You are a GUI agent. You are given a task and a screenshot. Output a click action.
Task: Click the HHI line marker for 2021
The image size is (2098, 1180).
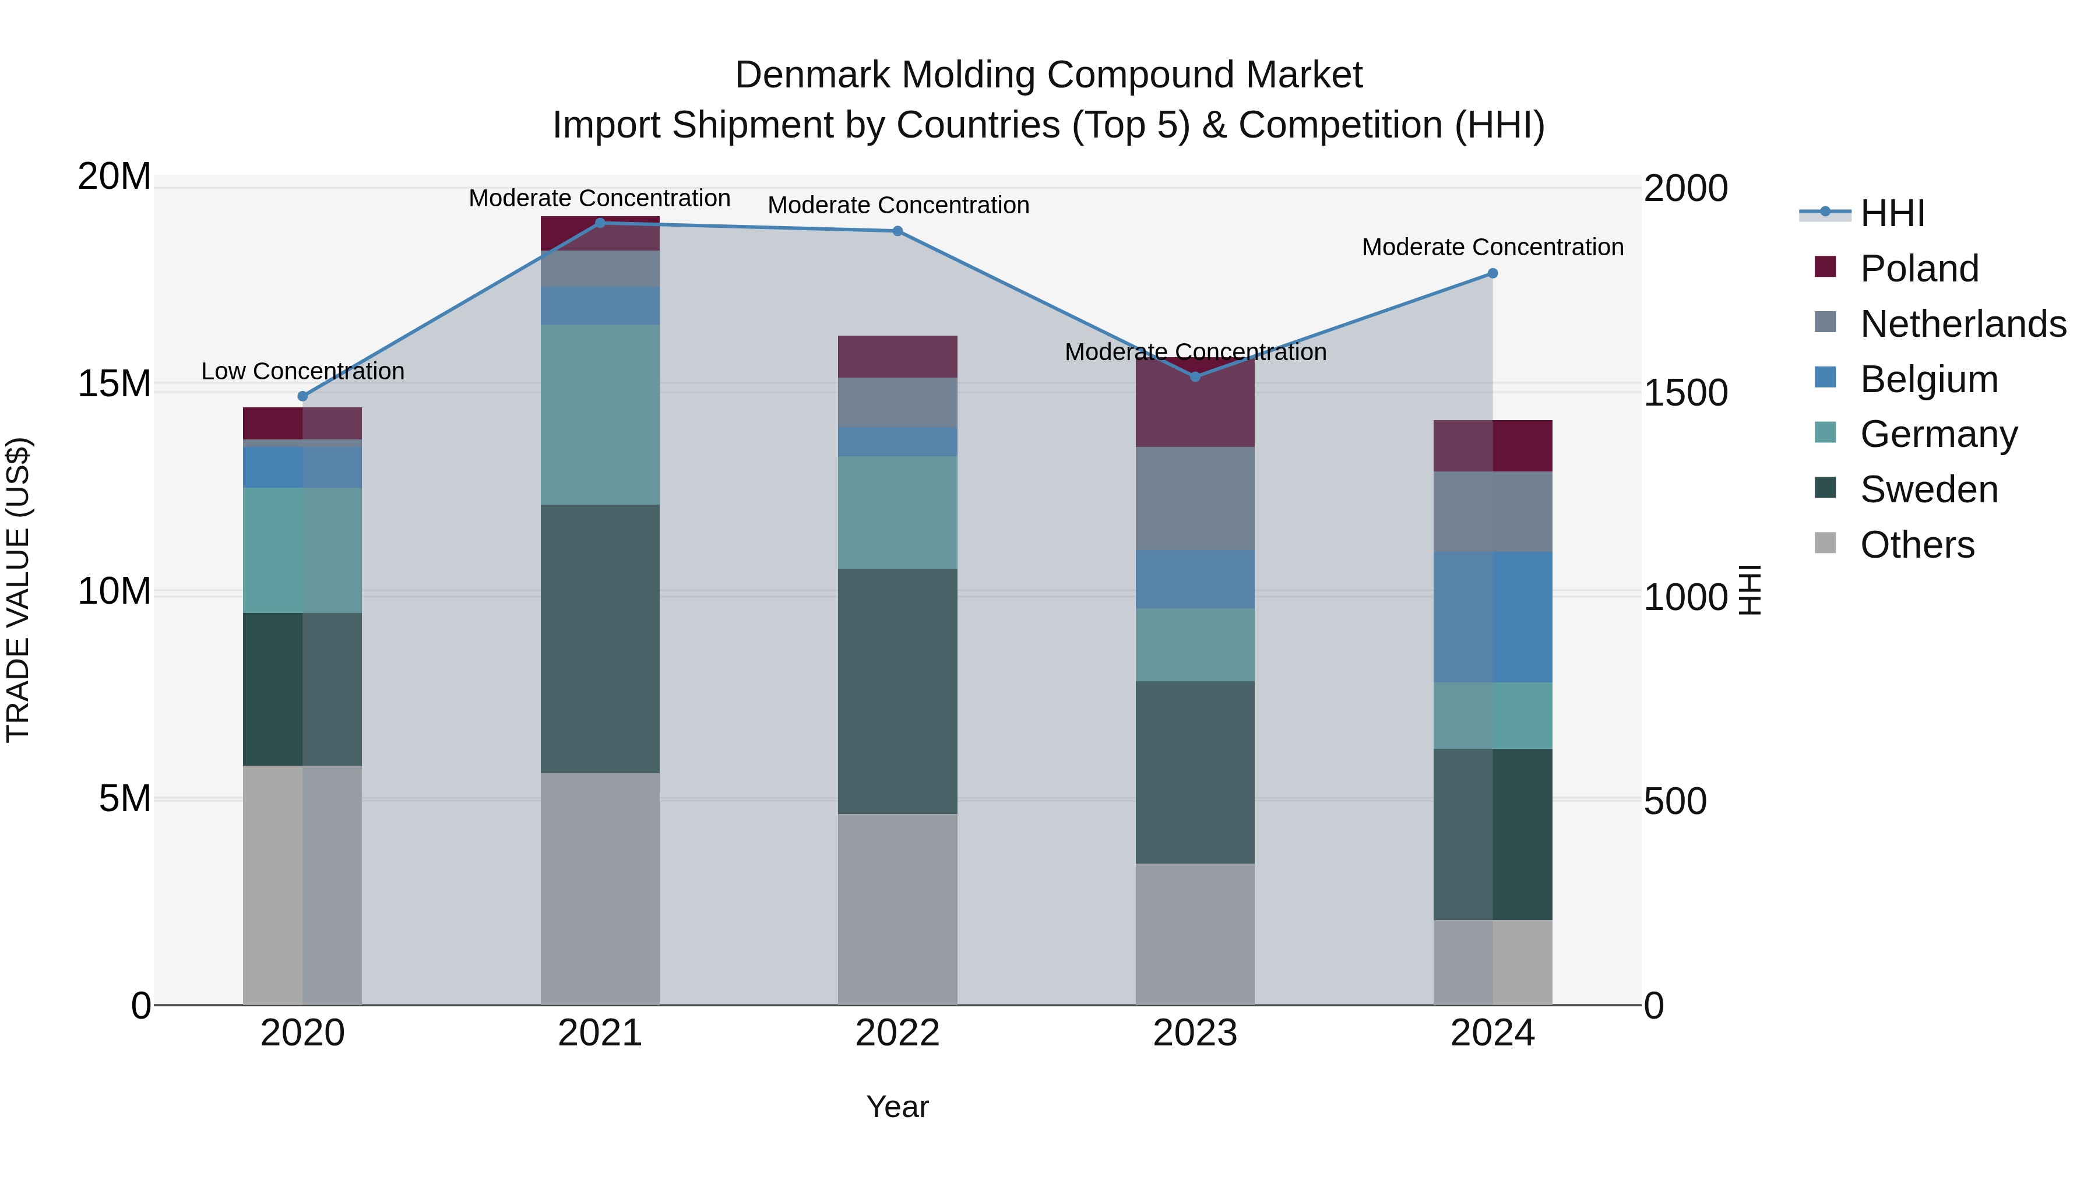(600, 223)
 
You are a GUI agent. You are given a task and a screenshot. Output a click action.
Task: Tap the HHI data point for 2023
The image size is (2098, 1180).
(1195, 376)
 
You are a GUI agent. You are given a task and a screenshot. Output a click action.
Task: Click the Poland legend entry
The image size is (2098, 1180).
(1919, 269)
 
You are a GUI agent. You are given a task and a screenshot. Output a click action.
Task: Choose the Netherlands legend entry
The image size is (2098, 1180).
(1963, 324)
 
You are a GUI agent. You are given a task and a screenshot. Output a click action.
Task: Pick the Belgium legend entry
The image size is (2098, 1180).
(1928, 379)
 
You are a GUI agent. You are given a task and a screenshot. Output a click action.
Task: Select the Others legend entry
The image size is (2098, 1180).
(1917, 545)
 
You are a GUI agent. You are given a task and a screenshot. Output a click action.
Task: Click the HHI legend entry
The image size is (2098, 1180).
(1892, 213)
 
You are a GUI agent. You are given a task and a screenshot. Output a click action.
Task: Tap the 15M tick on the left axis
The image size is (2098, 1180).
(114, 383)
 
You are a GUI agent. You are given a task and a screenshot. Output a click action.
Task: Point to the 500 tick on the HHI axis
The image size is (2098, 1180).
(1674, 801)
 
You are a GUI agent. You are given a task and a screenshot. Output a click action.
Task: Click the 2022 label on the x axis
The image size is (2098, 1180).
(897, 1033)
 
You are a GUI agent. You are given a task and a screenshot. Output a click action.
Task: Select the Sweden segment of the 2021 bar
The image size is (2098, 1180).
(600, 639)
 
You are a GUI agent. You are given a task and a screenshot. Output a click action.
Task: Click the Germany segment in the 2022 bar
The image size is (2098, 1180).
(897, 512)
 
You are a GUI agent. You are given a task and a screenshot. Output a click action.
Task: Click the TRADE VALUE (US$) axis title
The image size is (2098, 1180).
(18, 590)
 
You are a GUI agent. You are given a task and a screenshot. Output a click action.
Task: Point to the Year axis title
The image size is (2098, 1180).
(897, 1107)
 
